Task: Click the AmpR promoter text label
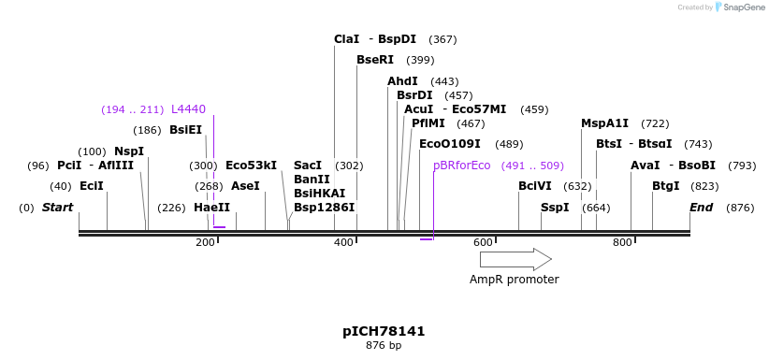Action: coord(514,280)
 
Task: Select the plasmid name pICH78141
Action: coord(384,332)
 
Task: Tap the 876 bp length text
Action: coord(384,346)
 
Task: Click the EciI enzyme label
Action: coord(92,186)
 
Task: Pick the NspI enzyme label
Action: coord(129,151)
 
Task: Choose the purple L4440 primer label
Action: coord(188,109)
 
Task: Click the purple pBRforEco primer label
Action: coord(461,166)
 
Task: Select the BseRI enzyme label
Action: coord(375,60)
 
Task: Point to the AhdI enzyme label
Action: coord(402,81)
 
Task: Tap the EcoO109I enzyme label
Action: coord(449,144)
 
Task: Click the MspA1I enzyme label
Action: coord(604,123)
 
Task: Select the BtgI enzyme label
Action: coord(665,186)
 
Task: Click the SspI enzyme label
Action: coord(554,208)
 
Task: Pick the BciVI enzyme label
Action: coord(535,186)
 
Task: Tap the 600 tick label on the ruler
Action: coord(483,243)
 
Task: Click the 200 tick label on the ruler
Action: coord(205,243)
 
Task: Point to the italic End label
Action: coord(702,208)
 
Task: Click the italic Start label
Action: coord(58,208)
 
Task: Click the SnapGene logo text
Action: coord(744,7)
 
